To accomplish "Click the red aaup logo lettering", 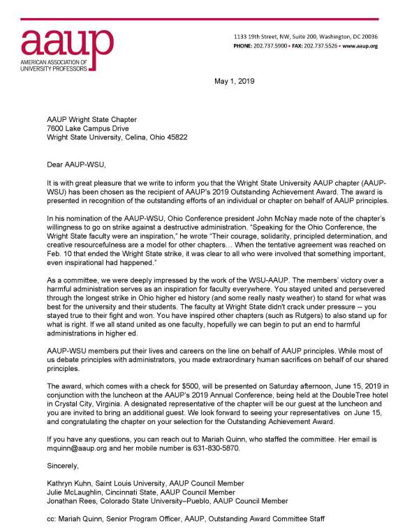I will click(55, 43).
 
